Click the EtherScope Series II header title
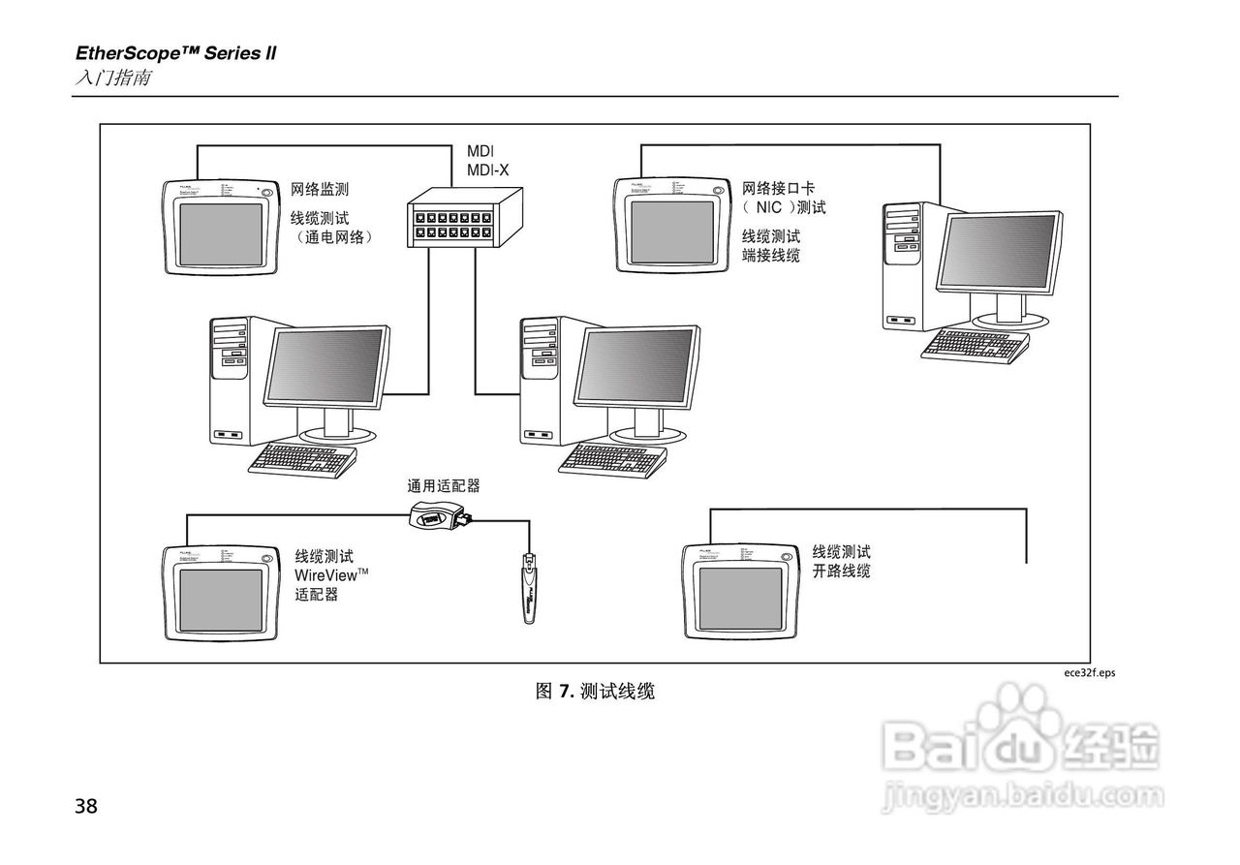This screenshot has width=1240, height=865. [x=175, y=53]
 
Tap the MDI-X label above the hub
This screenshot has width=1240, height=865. [x=487, y=170]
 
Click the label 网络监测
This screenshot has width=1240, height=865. [x=320, y=190]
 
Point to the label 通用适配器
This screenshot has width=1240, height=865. [x=444, y=485]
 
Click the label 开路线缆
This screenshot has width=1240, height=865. [x=841, y=572]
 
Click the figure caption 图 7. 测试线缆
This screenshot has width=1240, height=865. [x=595, y=692]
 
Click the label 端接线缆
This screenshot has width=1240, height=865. [x=771, y=256]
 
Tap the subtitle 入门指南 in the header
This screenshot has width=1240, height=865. [x=112, y=77]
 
